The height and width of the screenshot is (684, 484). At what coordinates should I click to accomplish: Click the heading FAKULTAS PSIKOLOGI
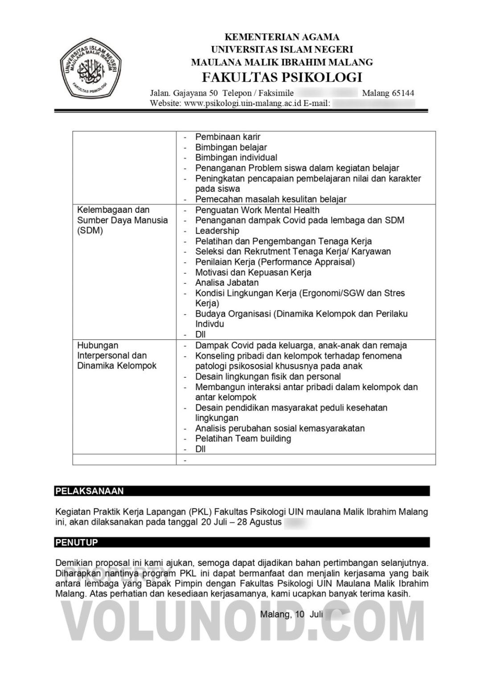coord(282,77)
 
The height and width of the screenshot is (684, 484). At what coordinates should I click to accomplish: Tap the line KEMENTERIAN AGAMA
coord(282,37)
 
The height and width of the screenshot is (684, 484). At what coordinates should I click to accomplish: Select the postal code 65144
coord(403,93)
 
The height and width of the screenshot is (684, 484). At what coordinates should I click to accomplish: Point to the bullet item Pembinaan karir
coord(227,137)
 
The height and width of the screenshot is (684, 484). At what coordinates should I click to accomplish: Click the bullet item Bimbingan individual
coord(236,158)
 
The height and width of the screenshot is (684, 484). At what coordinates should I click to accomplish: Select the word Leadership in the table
coord(217,231)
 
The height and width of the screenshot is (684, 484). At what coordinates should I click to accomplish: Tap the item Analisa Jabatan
coord(226,282)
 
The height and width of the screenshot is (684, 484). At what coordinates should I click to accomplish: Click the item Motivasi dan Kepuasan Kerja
coord(253,272)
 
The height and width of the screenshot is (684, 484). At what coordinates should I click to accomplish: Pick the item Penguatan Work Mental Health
coord(257,210)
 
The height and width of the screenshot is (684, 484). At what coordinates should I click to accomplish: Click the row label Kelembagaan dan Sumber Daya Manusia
coord(122,220)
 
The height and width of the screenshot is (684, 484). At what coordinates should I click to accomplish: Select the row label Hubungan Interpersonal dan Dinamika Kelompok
coord(117,355)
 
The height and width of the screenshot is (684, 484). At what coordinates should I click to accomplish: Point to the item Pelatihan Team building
coord(243,439)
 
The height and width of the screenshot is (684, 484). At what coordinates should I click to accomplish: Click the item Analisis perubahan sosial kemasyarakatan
coord(280,428)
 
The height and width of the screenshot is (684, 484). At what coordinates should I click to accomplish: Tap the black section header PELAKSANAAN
coord(89,491)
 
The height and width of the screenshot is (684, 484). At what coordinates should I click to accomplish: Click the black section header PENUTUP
coord(77,542)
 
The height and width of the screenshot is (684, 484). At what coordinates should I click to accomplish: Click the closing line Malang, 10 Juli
coord(291,615)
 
